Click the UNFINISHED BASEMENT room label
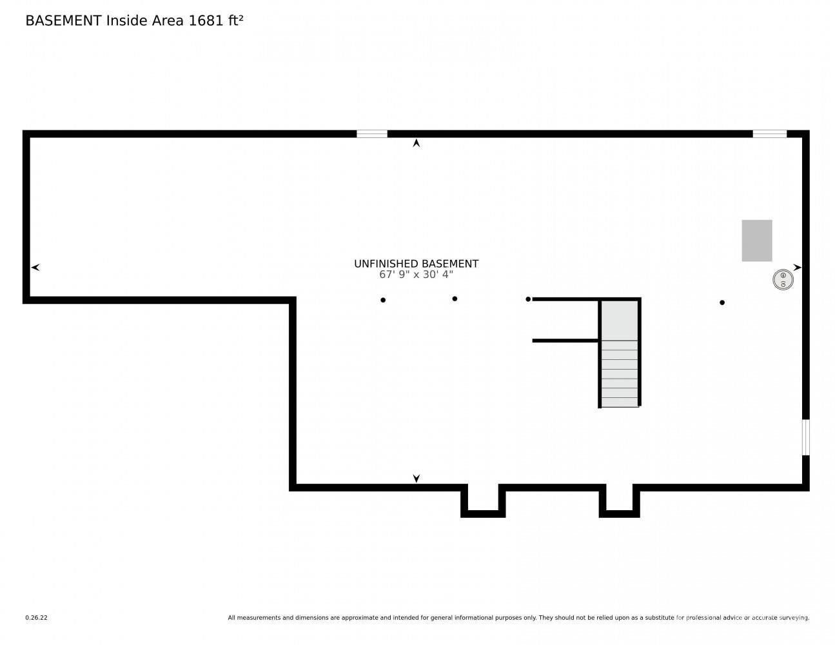pos(416,264)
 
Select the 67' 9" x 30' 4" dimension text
pos(416,275)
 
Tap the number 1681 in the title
pos(206,21)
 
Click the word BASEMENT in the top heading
pos(63,21)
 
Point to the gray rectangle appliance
pos(756,241)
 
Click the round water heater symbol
pos(783,279)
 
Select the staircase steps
pos(620,373)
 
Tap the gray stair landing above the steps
pos(620,321)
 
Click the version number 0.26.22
pos(37,618)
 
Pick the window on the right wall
pos(806,437)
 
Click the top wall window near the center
pos(371,134)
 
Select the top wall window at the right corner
pos(769,134)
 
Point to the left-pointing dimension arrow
pos(35,267)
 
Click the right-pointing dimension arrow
pos(798,267)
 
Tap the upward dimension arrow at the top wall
pos(416,143)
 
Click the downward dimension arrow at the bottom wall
pos(416,478)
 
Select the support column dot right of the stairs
pos(722,303)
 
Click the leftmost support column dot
pos(383,300)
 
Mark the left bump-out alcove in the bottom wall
pos(483,501)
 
